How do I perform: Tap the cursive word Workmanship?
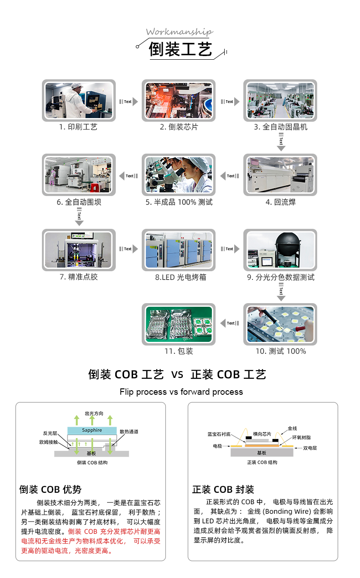[179, 32]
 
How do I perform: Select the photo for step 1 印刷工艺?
[79, 100]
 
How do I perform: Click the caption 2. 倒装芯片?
[179, 127]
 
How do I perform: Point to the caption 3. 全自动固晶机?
[280, 127]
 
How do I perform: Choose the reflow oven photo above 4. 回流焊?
[280, 175]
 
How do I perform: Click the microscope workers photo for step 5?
[179, 175]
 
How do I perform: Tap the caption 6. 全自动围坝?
[79, 202]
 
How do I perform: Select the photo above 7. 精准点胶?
[79, 250]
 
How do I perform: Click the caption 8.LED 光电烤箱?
[179, 277]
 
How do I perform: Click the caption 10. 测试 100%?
[280, 351]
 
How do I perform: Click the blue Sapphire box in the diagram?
[92, 430]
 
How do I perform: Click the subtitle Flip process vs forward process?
[181, 392]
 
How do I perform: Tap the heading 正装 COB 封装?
[223, 490]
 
